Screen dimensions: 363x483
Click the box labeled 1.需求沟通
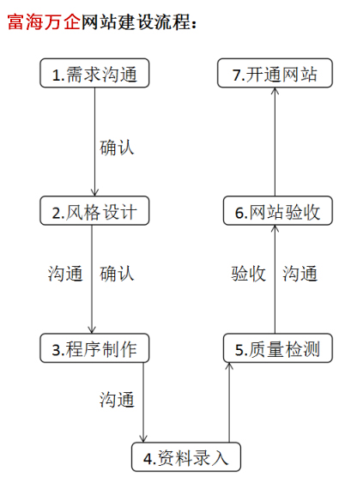pos(94,73)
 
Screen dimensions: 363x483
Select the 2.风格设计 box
pos(94,211)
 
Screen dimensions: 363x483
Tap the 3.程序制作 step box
pos(94,348)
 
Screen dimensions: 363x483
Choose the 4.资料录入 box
pos(186,457)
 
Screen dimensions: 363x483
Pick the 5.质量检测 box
pos(278,348)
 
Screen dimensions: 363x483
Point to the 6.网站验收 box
pos(278,211)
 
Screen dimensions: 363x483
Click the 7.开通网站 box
pos(275,73)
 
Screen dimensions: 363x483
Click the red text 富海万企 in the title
pos(44,22)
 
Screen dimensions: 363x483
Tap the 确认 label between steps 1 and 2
pos(117,148)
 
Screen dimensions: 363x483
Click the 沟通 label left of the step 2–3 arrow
pos(65,274)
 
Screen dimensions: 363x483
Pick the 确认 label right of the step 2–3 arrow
pos(117,274)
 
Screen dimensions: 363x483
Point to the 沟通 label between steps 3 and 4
pos(117,400)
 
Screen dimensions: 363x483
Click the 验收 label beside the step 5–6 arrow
pos(248,274)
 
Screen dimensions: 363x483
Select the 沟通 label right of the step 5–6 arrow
pos(300,274)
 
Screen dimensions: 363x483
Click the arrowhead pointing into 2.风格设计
pos(94,192)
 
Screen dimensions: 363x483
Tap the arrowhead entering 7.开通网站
pos(275,92)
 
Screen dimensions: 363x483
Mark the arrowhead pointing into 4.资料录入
pos(143,438)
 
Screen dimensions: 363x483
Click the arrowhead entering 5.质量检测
pos(229,366)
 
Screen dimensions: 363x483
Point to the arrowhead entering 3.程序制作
pos(92,329)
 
